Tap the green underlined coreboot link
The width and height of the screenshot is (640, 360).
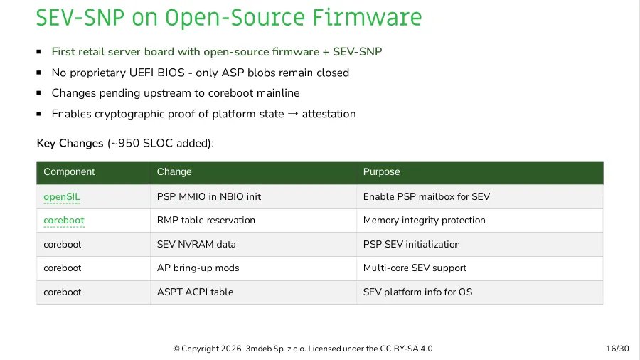(64, 221)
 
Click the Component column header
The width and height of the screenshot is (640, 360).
(69, 172)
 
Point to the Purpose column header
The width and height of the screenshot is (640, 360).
(381, 172)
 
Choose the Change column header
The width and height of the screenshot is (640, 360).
(174, 172)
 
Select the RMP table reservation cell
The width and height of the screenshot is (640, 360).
(206, 221)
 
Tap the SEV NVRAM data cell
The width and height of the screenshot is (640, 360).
(196, 244)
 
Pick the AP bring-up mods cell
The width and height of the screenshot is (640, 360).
(198, 268)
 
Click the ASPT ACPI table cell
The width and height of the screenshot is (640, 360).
(195, 292)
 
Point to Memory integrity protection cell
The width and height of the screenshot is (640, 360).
(424, 221)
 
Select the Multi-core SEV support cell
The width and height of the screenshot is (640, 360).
(415, 268)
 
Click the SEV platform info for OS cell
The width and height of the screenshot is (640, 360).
(417, 292)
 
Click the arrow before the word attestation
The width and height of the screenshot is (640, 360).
(292, 114)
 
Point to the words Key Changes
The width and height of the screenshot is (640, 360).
(70, 144)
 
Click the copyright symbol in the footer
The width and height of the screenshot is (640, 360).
(176, 349)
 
